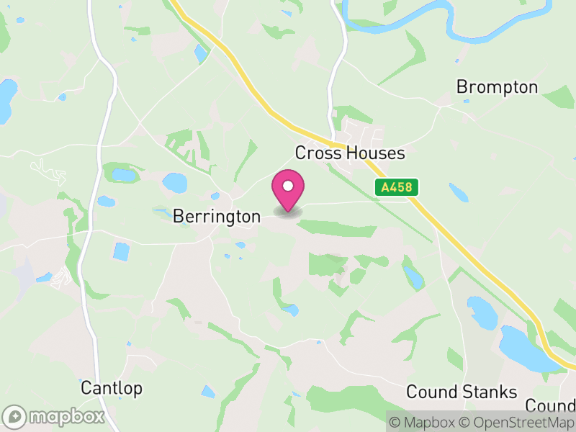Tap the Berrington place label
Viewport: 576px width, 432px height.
click(217, 216)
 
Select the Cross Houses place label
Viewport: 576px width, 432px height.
click(350, 153)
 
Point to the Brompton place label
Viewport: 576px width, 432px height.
click(497, 87)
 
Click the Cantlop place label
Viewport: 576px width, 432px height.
click(112, 388)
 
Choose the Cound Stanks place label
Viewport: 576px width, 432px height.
click(462, 392)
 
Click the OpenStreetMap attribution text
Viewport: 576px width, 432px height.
click(517, 423)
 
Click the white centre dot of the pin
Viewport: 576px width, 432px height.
click(288, 186)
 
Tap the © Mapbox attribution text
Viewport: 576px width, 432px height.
click(424, 423)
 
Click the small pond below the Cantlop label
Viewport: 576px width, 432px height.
click(208, 392)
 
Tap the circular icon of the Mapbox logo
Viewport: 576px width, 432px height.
click(15, 416)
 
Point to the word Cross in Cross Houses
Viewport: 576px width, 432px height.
click(318, 153)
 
